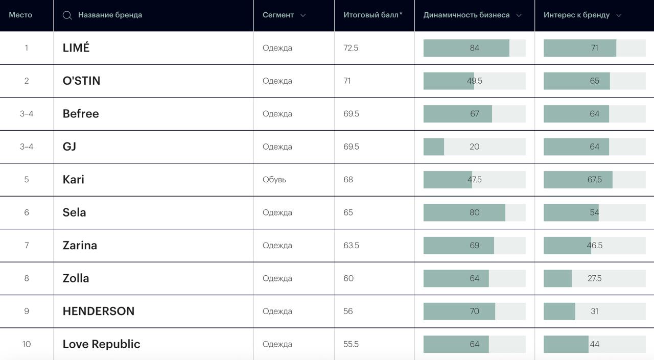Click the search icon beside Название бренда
tap(67, 15)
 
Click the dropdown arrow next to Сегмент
tap(303, 15)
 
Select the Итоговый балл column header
tap(372, 15)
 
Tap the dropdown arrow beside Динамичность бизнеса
tap(519, 15)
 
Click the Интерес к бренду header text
tap(576, 15)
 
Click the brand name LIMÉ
tap(76, 48)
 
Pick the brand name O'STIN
tap(81, 81)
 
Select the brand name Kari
tap(73, 180)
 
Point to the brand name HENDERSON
tap(98, 311)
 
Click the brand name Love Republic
tap(101, 344)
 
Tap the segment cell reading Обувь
tap(274, 180)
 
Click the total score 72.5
tap(351, 48)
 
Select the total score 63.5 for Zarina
tap(351, 246)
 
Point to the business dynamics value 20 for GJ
tap(474, 147)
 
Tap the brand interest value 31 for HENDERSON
tap(594, 311)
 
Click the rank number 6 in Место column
tap(27, 212)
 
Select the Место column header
tap(20, 15)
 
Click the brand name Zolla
tap(76, 278)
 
